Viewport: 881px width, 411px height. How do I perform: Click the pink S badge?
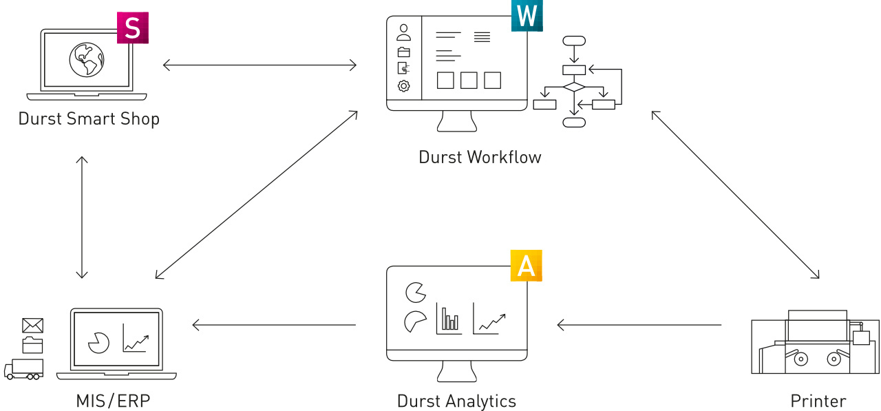click(133, 28)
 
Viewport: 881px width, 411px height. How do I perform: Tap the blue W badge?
click(527, 16)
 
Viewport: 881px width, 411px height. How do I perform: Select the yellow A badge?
click(527, 266)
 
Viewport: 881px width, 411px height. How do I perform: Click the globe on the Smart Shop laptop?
click(87, 60)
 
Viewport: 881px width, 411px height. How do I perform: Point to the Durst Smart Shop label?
click(89, 119)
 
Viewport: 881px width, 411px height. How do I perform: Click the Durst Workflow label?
click(480, 158)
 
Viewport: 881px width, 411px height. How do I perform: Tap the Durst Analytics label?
click(456, 401)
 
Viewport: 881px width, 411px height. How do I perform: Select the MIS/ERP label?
click(114, 401)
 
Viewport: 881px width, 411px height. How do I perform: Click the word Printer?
click(818, 401)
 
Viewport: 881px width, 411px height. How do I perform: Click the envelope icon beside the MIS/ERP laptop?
click(32, 326)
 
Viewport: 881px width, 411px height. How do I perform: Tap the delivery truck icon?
click(23, 369)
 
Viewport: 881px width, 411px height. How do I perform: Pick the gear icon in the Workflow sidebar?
click(403, 86)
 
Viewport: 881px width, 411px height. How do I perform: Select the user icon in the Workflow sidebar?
click(403, 32)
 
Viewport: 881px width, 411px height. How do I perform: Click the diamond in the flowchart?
click(574, 87)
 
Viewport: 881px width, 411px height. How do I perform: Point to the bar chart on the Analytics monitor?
click(449, 319)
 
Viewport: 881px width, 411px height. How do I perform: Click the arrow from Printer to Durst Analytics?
click(639, 325)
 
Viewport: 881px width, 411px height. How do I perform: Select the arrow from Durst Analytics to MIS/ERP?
click(274, 325)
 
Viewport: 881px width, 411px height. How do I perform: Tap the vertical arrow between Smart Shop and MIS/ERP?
click(82, 217)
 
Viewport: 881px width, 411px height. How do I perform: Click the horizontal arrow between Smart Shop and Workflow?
click(260, 65)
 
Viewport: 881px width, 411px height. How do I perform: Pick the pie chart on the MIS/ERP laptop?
click(98, 343)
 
